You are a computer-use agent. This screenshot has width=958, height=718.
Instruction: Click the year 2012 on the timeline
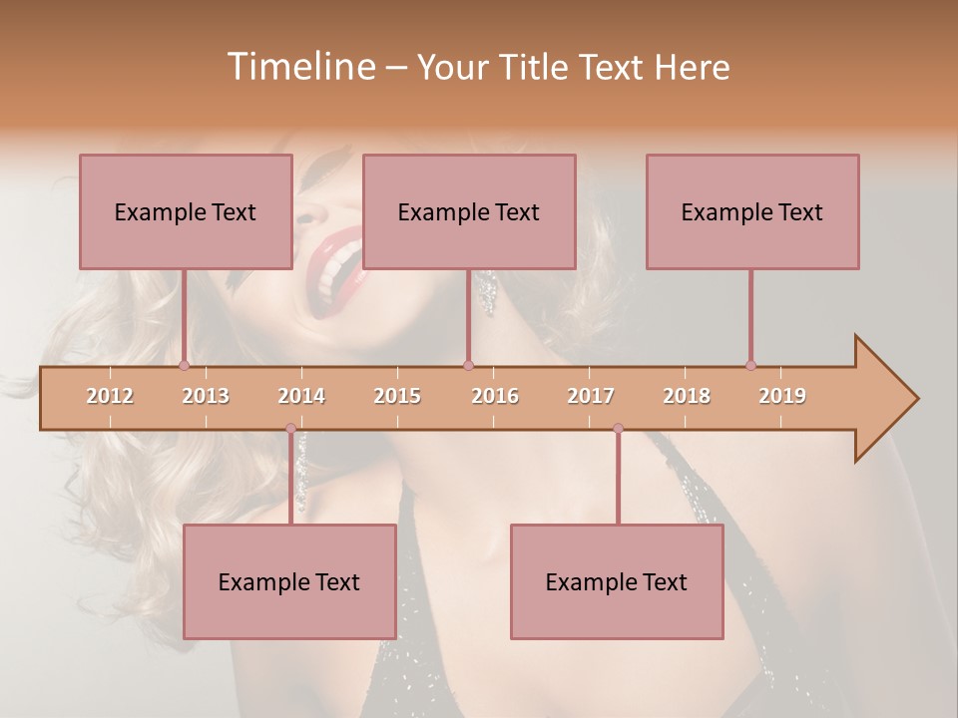click(x=110, y=396)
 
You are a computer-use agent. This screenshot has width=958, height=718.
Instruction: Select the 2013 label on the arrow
click(x=206, y=396)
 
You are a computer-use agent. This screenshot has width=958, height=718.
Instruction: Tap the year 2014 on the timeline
click(x=301, y=396)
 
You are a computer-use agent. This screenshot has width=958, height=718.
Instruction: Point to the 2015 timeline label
click(x=397, y=396)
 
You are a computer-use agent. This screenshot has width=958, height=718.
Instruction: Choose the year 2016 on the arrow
click(x=495, y=396)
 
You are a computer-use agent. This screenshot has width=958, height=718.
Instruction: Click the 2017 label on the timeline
click(x=591, y=396)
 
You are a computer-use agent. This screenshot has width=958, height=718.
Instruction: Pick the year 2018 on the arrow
click(x=687, y=396)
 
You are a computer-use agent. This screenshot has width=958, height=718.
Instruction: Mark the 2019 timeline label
click(x=782, y=396)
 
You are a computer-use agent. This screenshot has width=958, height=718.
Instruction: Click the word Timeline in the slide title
click(x=299, y=67)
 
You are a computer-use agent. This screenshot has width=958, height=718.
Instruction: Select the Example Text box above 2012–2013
click(x=185, y=211)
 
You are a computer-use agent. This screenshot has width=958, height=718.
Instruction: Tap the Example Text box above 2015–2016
click(x=468, y=211)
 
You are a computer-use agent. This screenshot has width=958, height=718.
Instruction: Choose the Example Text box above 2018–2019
click(x=751, y=211)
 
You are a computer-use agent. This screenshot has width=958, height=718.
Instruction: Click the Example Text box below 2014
click(x=289, y=581)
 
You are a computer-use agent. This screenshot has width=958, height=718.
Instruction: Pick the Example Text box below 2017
click(x=617, y=581)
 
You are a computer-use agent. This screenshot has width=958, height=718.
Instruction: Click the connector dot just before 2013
click(x=184, y=365)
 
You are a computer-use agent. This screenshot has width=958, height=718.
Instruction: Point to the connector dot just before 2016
click(x=468, y=365)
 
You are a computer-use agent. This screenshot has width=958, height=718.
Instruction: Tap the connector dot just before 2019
click(x=750, y=365)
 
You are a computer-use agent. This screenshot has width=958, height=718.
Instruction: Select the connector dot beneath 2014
click(x=290, y=429)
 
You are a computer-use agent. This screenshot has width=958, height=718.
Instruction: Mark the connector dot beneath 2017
click(x=618, y=429)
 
